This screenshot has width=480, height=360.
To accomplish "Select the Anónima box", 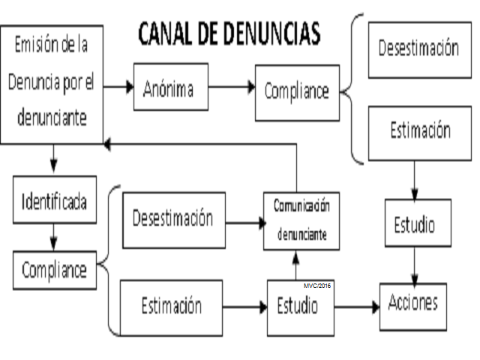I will tap(170, 88).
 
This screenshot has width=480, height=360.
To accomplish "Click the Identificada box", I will tap(54, 202).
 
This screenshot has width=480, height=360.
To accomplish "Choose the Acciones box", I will tap(412, 305).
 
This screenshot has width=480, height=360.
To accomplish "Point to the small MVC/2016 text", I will tap(317, 286).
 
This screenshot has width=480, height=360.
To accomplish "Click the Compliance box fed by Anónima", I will tap(297, 91).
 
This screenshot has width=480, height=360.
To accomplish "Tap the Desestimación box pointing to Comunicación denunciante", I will tap(172, 220).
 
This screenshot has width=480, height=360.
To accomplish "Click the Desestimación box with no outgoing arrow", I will tap(418, 49).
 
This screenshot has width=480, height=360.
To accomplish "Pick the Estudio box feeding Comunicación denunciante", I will tap(297, 306).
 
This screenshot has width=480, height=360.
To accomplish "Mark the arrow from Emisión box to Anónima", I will tap(118, 87).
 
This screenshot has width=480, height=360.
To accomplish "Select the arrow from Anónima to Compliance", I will tap(232, 87).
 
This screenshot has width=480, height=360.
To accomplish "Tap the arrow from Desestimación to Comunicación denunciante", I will tap(244, 222).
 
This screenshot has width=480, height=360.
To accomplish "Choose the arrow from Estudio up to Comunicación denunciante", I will tap(296, 265).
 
